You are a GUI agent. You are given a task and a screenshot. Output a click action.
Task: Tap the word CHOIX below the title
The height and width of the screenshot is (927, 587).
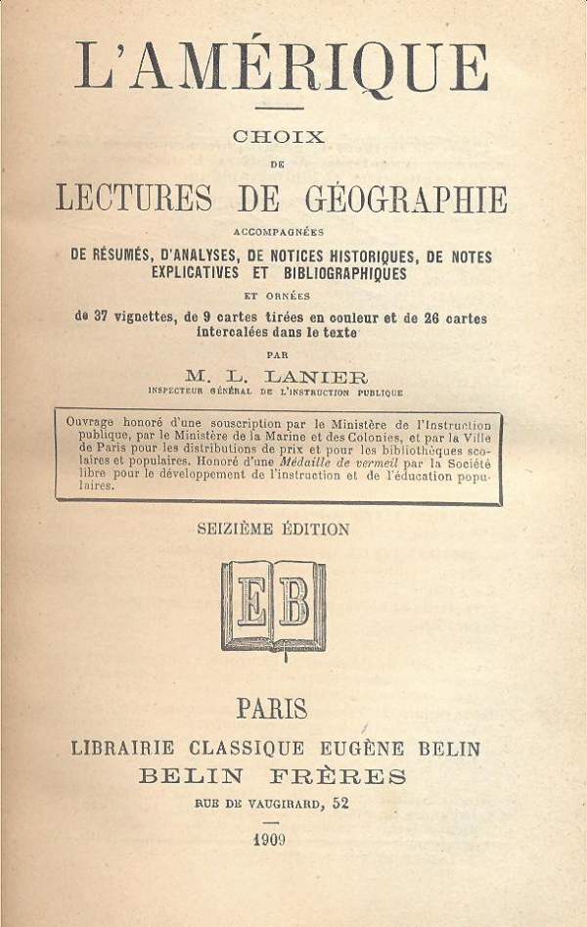(278, 138)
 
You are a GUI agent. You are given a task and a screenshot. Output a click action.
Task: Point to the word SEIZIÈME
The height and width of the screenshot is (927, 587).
(236, 530)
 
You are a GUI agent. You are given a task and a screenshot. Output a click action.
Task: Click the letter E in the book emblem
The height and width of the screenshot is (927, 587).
(250, 603)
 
